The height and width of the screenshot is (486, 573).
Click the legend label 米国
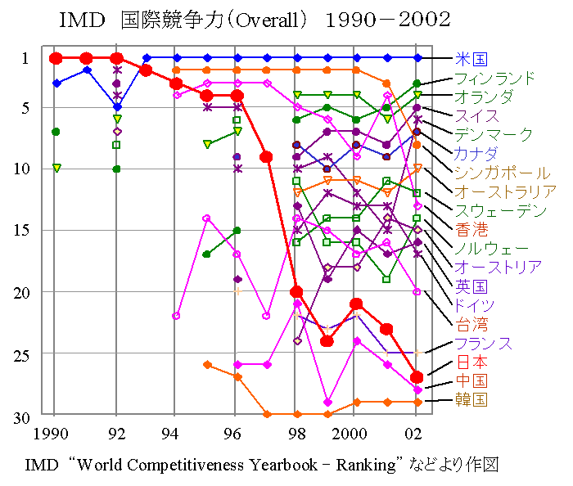(471, 59)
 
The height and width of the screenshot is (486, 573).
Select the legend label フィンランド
(495, 79)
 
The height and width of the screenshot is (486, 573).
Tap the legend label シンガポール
(502, 173)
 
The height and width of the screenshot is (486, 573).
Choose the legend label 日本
(471, 362)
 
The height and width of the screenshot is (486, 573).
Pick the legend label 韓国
(471, 399)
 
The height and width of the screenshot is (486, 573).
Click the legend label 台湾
(471, 324)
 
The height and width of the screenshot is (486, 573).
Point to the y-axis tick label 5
(25, 107)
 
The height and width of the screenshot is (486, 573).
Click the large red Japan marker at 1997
(266, 157)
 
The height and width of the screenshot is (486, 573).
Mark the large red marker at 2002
(417, 377)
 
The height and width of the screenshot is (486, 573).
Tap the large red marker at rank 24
(327, 340)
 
